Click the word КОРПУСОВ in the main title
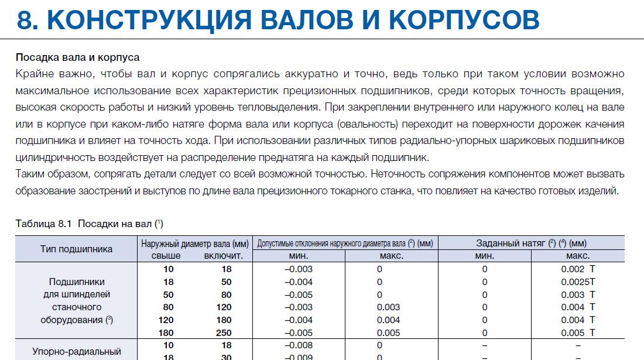[464, 21]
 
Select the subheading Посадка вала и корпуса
[77, 58]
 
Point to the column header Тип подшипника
[76, 249]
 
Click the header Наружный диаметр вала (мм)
[195, 243]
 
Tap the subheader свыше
[166, 256]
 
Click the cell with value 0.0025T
[577, 282]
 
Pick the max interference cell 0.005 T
[577, 332]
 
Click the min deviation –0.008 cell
[299, 345]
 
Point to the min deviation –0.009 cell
[299, 356]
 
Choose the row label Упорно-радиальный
[76, 352]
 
